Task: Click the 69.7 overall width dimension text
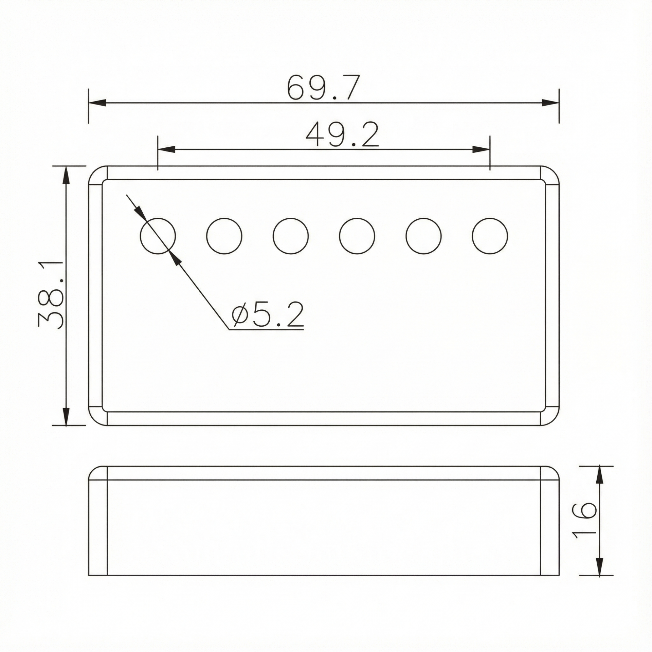point(323,88)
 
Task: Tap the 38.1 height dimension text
point(51,295)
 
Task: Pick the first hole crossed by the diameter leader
point(158,236)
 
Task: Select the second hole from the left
point(224,236)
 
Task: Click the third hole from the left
point(291,236)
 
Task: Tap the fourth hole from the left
point(357,236)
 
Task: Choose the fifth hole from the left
point(424,236)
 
